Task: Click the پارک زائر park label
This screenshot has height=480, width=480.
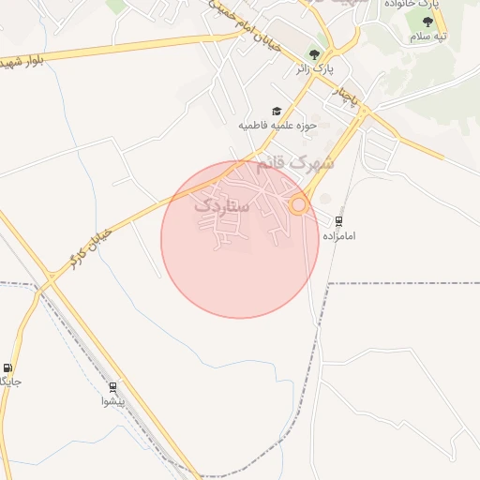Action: (315, 68)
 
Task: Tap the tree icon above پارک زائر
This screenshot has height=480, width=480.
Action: (315, 52)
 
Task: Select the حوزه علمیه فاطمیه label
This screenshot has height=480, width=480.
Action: (278, 125)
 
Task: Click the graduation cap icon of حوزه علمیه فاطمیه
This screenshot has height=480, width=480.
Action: (277, 111)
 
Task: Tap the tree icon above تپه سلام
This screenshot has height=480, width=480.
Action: (428, 21)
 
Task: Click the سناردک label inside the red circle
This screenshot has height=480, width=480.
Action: (221, 203)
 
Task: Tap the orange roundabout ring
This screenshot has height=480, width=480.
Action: (299, 204)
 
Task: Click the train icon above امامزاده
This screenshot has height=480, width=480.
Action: (338, 221)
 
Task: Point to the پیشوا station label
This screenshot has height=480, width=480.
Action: (120, 401)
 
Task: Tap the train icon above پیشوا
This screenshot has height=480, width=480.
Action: (113, 386)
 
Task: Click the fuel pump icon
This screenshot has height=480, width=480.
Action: (8, 367)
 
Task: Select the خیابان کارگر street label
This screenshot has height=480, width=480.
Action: (91, 246)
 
